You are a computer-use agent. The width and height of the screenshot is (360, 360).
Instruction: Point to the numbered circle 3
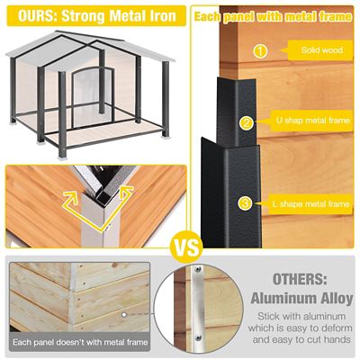click(x=246, y=203)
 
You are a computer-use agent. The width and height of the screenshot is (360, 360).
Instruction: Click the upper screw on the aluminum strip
click(x=198, y=269)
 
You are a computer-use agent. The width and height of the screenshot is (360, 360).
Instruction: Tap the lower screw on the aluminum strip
click(x=198, y=337)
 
